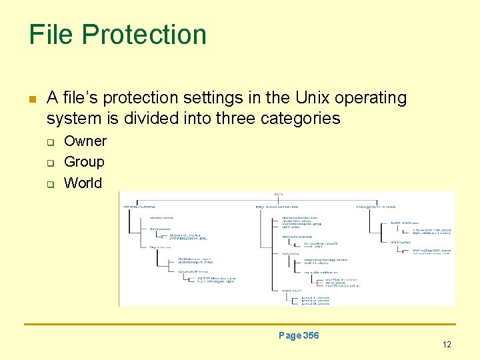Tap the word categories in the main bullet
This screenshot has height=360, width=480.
[301, 119]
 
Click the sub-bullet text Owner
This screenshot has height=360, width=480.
[85, 141]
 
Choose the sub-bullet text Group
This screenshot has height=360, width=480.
[84, 161]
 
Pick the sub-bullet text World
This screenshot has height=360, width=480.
[83, 183]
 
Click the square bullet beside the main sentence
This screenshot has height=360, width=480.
[32, 99]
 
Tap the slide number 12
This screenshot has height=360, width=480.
[447, 345]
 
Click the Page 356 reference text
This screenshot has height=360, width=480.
[299, 335]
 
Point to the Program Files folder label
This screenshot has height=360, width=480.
[376, 207]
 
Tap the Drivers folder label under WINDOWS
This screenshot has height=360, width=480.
[159, 229]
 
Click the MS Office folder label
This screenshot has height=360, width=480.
[404, 222]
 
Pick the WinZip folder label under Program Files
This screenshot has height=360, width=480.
[400, 242]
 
